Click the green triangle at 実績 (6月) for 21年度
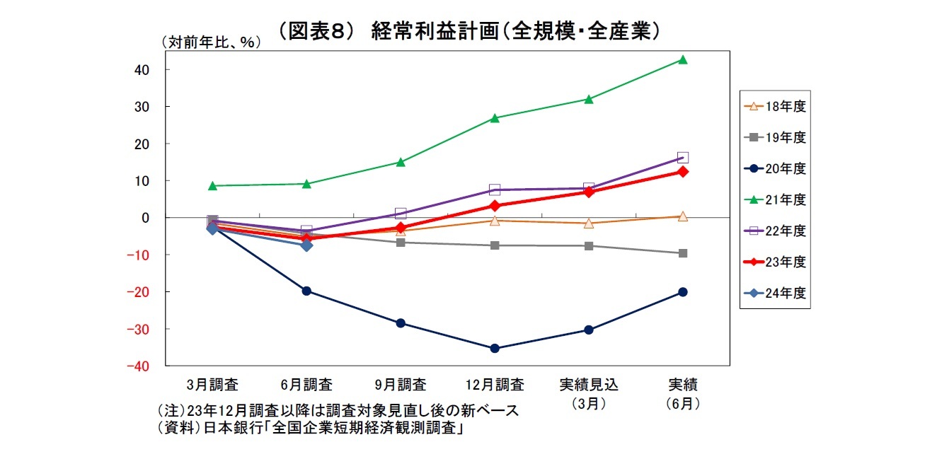(x=683, y=60)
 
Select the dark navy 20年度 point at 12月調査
(x=495, y=349)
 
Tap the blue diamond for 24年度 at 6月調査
(x=306, y=245)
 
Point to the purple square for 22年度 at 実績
(x=683, y=158)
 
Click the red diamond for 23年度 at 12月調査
(x=495, y=206)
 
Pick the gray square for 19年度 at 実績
(x=683, y=253)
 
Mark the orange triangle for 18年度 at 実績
(x=683, y=216)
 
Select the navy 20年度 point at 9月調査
(x=401, y=323)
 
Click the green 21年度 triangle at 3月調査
(x=212, y=186)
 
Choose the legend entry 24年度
(x=775, y=293)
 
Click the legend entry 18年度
(x=775, y=106)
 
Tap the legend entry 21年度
(x=775, y=199)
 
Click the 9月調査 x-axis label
(x=401, y=385)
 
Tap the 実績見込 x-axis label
(x=589, y=385)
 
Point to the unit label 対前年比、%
(x=212, y=42)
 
